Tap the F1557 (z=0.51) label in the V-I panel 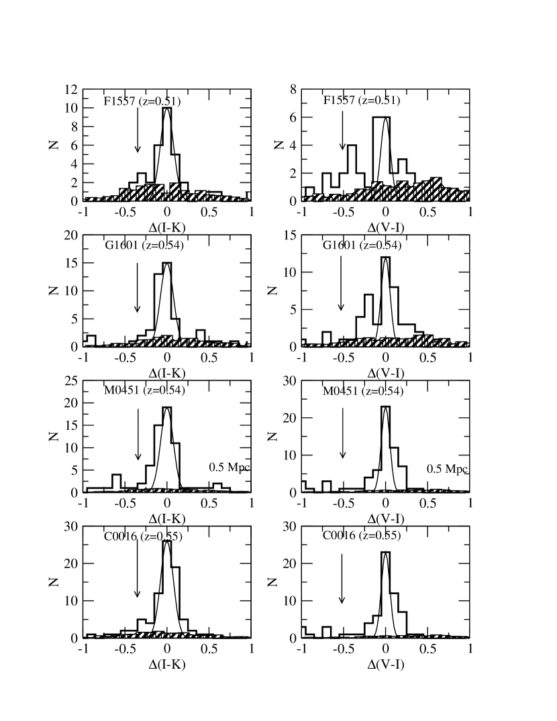tap(361, 101)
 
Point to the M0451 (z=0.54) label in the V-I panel tap(362, 392)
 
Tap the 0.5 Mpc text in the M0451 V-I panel tap(448, 467)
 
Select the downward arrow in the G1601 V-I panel tap(342, 285)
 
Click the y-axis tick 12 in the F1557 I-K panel tap(70, 90)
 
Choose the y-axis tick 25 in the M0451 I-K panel tap(70, 381)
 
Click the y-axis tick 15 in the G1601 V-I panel tap(289, 235)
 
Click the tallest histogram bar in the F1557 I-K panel tap(167, 154)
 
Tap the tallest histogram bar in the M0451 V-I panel tap(385, 449)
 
